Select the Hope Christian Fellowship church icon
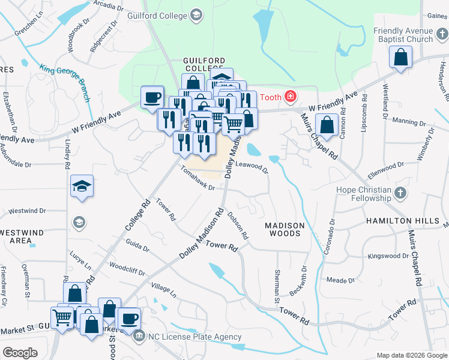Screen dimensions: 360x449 402,193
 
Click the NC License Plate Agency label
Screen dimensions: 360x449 196,336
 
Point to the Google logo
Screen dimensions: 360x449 20,352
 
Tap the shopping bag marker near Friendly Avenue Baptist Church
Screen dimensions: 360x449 400,58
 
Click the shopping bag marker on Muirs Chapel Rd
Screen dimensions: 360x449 327,125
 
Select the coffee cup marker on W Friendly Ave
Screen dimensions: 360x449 152,97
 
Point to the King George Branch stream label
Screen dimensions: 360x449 66,82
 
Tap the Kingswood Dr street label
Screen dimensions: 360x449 388,256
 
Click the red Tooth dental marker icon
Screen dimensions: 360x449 291,95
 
